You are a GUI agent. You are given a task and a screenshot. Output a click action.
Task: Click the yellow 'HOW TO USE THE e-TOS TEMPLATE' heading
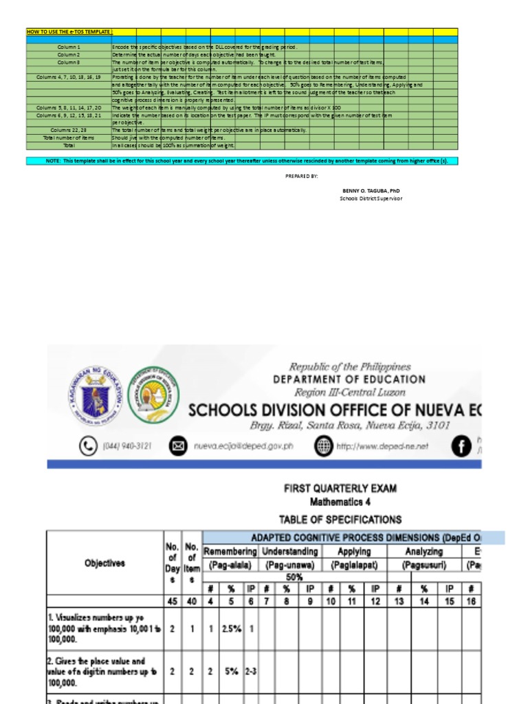pos(69,32)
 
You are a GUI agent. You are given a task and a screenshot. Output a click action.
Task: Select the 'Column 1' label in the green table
pos(69,47)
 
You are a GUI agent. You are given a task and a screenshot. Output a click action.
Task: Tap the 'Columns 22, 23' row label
pos(69,130)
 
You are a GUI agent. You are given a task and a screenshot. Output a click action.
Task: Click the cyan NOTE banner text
pos(242,160)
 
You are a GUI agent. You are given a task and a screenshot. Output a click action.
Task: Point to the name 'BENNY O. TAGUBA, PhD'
pos(371,190)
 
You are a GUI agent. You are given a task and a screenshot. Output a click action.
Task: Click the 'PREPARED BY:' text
pos(301,177)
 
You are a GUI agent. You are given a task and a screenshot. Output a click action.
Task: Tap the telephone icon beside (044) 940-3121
pos(89,446)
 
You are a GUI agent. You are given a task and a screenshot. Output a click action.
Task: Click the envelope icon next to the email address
pos(178,446)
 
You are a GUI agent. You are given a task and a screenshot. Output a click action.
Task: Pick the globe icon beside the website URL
pos(322,446)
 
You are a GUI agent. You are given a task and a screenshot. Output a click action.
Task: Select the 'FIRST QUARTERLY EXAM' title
pos(340,488)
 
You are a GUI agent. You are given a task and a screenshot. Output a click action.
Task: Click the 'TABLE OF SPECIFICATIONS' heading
pos(340,519)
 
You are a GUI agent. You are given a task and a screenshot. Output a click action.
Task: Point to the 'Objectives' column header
pos(104,563)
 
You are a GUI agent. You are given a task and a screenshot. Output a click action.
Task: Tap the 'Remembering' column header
pos(230,551)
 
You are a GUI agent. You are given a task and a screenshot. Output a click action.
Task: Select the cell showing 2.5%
pos(231,628)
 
